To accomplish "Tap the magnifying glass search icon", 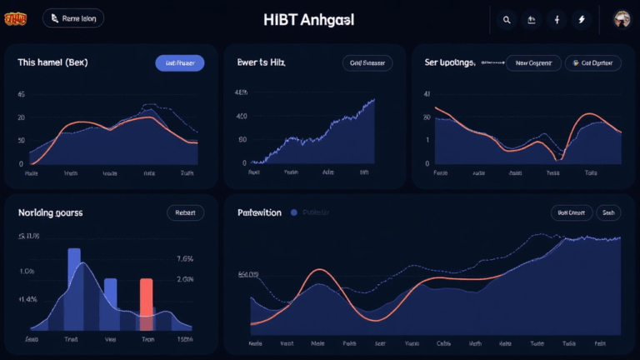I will (506, 19).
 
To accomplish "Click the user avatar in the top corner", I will (621, 19).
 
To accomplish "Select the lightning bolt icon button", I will (581, 19).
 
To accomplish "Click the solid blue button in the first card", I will (180, 62).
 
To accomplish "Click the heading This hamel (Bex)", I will (52, 62).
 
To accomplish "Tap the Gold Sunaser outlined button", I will (367, 62).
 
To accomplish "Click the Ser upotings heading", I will (450, 62).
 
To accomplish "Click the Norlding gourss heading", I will (50, 212).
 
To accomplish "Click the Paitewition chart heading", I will (259, 212).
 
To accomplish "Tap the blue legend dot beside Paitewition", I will (293, 212).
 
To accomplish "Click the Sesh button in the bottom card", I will (608, 212).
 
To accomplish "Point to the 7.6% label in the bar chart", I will (185, 258).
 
